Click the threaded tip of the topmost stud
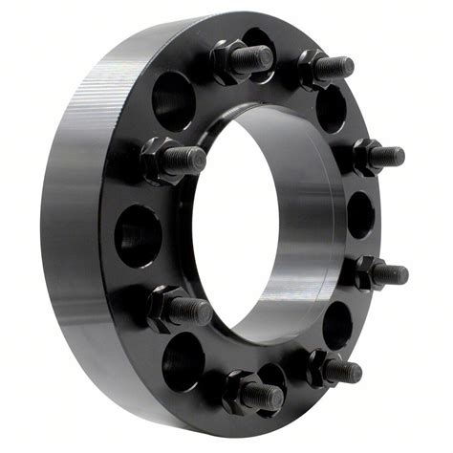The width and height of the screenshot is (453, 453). pos(256,57)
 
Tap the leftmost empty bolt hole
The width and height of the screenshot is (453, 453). pos(137,235)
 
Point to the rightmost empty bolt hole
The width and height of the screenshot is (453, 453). pos(361,214)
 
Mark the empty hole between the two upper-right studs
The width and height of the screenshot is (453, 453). pos(331,108)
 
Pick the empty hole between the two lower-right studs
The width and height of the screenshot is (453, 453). pos(336,326)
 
